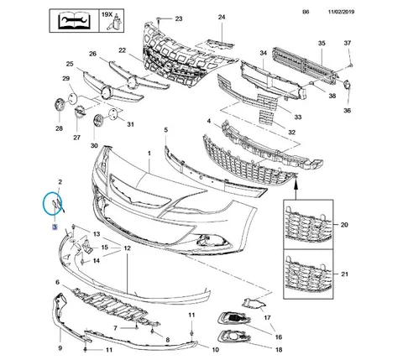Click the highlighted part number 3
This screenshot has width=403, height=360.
[55, 227]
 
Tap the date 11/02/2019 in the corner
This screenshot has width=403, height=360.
[341, 12]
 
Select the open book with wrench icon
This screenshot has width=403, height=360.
[74, 21]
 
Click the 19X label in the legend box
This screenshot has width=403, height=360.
[107, 14]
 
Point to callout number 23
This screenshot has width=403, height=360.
[179, 18]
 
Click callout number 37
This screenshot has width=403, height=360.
[348, 43]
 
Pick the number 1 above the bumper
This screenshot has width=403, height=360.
[149, 154]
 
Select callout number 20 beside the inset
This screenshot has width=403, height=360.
[344, 225]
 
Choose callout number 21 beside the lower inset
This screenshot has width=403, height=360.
[344, 274]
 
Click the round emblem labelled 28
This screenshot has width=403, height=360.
[60, 105]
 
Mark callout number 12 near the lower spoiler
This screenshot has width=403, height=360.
[127, 248]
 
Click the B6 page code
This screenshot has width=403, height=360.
[306, 12]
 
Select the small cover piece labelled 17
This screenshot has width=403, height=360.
[254, 304]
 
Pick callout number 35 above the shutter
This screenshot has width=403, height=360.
[322, 43]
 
